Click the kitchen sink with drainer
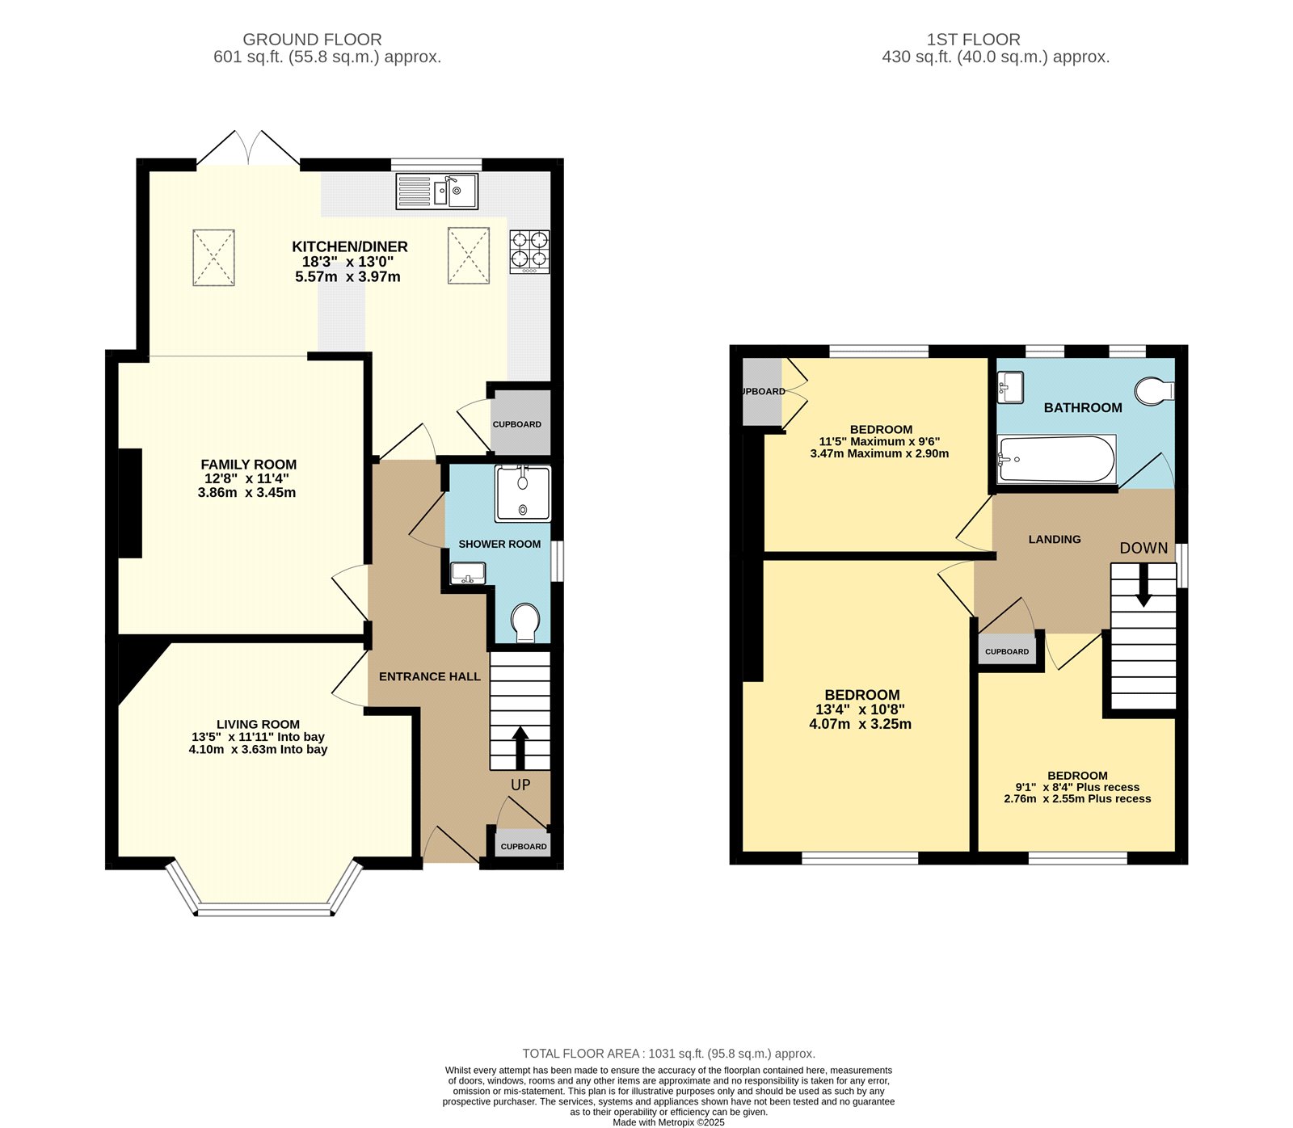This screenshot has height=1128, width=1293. click(437, 192)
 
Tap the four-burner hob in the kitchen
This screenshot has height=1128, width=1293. click(529, 250)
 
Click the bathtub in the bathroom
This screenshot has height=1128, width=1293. click(1056, 459)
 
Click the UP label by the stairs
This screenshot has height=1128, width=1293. click(520, 785)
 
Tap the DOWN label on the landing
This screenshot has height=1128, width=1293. click(1143, 548)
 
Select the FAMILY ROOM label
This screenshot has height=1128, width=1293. click(249, 465)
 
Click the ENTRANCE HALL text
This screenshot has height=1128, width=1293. click(429, 676)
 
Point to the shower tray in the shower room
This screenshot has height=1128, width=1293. click(523, 493)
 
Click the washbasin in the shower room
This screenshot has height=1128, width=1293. click(468, 574)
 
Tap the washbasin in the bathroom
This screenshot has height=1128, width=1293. click(1010, 386)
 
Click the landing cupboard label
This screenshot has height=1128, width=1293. click(1007, 651)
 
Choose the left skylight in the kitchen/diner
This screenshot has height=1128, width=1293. click(213, 258)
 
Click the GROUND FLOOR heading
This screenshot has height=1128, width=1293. click(312, 40)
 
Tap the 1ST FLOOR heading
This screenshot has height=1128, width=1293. click(973, 40)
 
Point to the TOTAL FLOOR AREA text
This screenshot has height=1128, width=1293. click(668, 1053)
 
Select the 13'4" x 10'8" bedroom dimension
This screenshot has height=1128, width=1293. click(860, 709)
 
